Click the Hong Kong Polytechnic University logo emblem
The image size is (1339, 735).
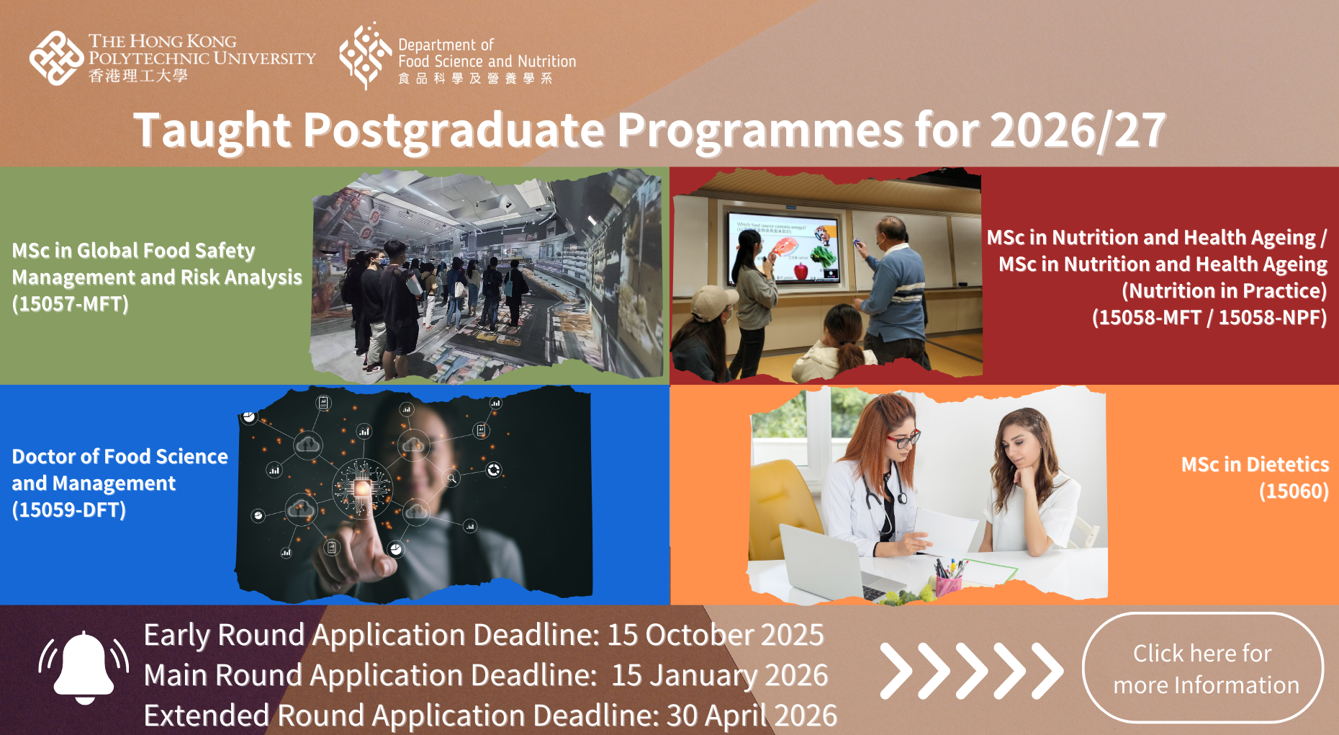point(57,58)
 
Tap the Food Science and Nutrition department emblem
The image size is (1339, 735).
point(366,55)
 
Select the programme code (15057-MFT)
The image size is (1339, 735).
point(71,304)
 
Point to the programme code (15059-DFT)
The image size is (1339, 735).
point(69,510)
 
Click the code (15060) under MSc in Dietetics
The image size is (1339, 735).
point(1294,491)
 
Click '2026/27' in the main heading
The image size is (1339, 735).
point(1078,130)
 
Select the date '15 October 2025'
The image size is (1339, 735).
point(716,635)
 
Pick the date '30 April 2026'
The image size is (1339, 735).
point(752,716)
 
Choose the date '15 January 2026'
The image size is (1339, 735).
point(720,675)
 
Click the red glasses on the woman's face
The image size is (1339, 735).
point(903,438)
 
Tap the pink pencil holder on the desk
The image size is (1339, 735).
point(948,584)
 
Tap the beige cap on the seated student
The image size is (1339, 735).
point(712,301)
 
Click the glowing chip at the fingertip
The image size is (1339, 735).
point(361,489)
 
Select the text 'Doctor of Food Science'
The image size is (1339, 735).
point(120,457)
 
